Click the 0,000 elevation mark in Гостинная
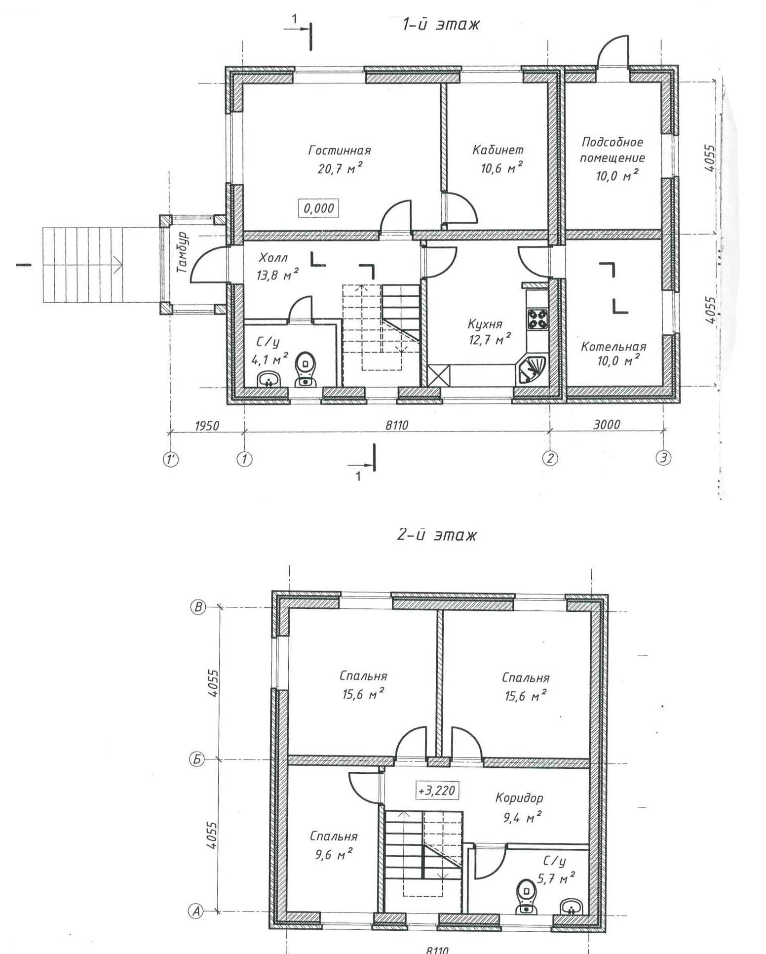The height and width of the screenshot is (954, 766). pyautogui.click(x=318, y=208)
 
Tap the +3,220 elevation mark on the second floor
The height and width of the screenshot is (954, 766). pyautogui.click(x=436, y=790)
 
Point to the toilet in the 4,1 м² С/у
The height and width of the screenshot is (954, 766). pyautogui.click(x=305, y=370)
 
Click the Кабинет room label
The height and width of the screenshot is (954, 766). pyautogui.click(x=498, y=150)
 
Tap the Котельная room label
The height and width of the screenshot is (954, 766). pyautogui.click(x=613, y=346)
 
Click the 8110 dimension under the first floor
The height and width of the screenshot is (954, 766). pyautogui.click(x=397, y=425)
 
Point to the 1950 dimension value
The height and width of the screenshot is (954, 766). pyautogui.click(x=207, y=425)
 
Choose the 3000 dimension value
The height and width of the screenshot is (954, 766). pyautogui.click(x=607, y=424)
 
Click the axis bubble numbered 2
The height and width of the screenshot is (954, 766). pyautogui.click(x=550, y=459)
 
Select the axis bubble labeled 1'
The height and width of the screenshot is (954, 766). pyautogui.click(x=171, y=460)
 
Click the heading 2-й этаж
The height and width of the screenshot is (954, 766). pyautogui.click(x=437, y=535)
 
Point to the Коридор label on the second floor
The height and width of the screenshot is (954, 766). pyautogui.click(x=519, y=797)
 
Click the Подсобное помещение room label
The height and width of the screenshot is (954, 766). pyautogui.click(x=612, y=150)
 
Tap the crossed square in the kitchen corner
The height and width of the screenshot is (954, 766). pyautogui.click(x=439, y=375)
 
